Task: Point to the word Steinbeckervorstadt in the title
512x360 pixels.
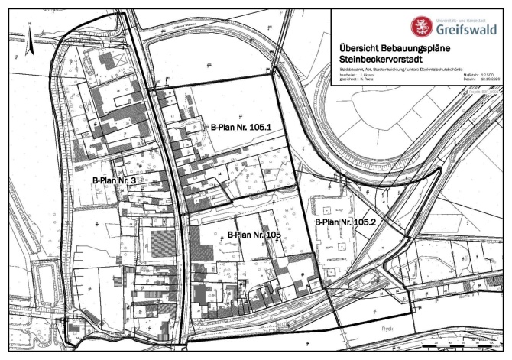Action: coord(383,59)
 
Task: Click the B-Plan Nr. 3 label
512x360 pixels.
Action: coord(114,180)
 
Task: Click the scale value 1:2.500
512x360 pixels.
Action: coord(489,73)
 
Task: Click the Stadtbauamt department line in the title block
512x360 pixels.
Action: coord(397,68)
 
